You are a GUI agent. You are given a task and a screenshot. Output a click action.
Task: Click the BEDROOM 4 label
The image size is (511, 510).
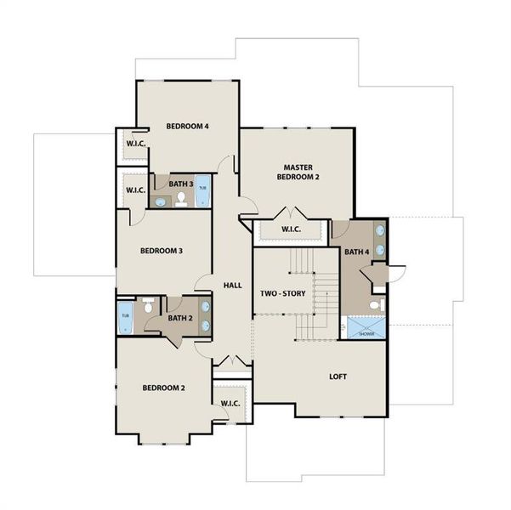[x=187, y=127]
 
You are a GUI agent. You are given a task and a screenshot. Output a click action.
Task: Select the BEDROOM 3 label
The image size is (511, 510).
[x=162, y=251]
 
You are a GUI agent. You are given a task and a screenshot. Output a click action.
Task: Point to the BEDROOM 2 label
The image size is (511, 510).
[x=163, y=388]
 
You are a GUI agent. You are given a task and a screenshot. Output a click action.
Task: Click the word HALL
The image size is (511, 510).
[x=232, y=286]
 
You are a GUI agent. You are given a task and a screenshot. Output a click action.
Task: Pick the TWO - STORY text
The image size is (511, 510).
[x=282, y=293]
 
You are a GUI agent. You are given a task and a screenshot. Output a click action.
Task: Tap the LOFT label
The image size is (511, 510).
[x=338, y=377]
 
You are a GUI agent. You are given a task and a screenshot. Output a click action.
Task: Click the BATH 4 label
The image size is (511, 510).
[x=356, y=252]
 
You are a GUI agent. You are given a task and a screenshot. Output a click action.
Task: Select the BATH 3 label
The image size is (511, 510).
[x=180, y=184]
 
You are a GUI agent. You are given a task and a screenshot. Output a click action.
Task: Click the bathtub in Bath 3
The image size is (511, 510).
[x=202, y=191]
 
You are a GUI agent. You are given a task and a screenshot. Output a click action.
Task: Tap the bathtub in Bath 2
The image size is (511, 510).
[x=125, y=316]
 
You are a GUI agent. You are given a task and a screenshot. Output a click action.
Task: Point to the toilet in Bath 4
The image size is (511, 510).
[x=375, y=304]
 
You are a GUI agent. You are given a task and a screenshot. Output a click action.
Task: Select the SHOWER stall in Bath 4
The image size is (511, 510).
[x=366, y=327]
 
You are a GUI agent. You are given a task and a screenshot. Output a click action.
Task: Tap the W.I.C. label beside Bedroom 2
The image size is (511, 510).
[x=230, y=403]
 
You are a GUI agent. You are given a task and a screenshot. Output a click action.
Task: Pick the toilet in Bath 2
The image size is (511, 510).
[x=147, y=309]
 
